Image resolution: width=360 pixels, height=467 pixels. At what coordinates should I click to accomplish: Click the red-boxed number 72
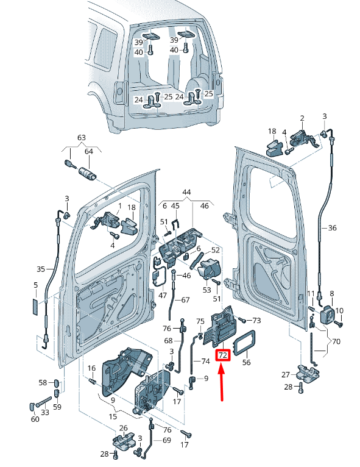click(x=223, y=355)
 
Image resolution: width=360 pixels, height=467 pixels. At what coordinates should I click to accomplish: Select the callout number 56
click(x=246, y=362)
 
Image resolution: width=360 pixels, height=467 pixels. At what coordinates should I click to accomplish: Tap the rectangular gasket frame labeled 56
click(x=244, y=343)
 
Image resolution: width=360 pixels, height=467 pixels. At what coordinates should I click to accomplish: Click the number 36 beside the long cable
click(x=332, y=228)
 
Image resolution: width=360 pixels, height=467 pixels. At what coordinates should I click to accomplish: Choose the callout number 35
click(x=41, y=269)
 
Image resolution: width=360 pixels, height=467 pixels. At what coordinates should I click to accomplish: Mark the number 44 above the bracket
click(x=186, y=192)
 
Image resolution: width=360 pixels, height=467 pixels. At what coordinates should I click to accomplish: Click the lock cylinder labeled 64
click(x=88, y=173)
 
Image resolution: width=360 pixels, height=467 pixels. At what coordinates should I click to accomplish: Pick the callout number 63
click(x=82, y=138)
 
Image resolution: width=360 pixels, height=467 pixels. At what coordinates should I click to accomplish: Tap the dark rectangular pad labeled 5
click(x=35, y=307)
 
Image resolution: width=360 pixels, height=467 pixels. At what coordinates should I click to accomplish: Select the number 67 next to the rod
click(x=185, y=299)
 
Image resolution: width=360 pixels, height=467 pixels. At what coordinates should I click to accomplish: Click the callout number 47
click(x=163, y=296)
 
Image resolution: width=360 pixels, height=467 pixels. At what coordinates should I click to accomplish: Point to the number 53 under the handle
click(x=206, y=290)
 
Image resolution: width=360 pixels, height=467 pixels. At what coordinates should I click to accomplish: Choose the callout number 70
click(x=336, y=341)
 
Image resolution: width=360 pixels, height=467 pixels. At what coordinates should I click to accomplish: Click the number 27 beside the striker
click(x=286, y=374)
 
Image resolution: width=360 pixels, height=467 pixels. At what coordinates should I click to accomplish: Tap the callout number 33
click(x=45, y=412)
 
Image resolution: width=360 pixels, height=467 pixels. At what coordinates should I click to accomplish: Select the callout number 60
click(x=35, y=419)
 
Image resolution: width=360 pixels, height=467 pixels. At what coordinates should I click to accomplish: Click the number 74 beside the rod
click(x=205, y=362)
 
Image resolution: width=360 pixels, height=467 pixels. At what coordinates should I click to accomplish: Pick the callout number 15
click(x=113, y=416)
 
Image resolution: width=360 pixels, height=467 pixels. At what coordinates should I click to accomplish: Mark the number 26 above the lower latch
click(x=123, y=428)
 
